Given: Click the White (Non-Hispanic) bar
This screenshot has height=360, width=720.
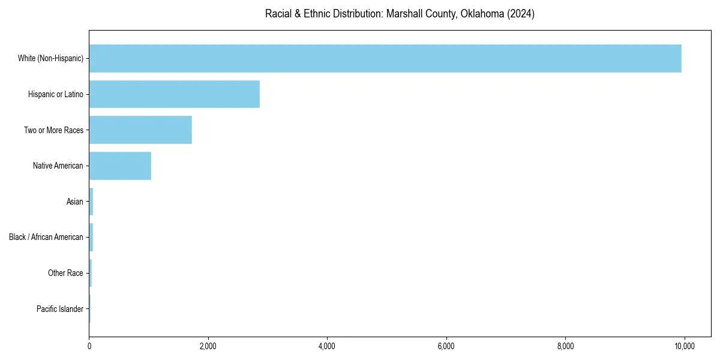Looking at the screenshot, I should point(385,58).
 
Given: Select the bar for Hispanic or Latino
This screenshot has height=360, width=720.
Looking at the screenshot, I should point(174,94).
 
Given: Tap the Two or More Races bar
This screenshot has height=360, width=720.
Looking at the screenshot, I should point(140,130).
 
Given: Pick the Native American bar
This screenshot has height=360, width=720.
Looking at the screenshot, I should point(120,166).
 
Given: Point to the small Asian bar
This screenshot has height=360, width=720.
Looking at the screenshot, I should point(91,202).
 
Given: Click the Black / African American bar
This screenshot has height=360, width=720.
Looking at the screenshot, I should point(91,237).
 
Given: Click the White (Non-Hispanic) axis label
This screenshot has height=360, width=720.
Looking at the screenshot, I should point(50,58).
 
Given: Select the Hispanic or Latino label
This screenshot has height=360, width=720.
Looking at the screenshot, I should point(56,94).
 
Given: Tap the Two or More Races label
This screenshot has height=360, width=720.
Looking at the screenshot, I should point(53,130).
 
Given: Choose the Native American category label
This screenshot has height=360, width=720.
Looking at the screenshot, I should point(58,166).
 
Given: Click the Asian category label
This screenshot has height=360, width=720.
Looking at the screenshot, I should point(75,202).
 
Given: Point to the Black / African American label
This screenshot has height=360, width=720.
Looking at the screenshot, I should point(46,237).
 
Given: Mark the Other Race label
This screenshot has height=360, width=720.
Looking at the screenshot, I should point(65,273).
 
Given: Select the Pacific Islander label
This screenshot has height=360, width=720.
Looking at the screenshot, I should point(60,309).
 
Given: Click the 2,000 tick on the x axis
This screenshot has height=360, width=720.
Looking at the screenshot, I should point(208,346).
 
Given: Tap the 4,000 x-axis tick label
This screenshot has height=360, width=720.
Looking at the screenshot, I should point(327,346).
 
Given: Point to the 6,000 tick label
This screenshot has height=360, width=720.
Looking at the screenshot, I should point(446,346).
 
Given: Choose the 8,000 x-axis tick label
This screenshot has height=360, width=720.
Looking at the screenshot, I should point(566,346).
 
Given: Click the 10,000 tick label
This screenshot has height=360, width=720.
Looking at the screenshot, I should point(685,346).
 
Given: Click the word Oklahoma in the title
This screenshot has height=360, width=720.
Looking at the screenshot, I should point(482,14).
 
